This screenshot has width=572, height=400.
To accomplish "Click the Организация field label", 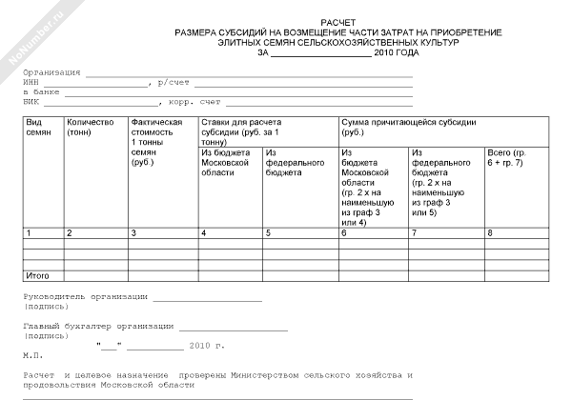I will tap(53, 72).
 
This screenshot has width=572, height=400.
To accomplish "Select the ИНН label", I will tap(32, 83).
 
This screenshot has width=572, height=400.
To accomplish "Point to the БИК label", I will tap(32, 101).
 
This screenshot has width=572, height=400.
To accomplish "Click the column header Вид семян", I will tap(39, 129).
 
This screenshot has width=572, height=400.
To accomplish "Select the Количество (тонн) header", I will tap(90, 129).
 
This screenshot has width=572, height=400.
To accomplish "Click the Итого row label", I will tap(37, 274).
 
